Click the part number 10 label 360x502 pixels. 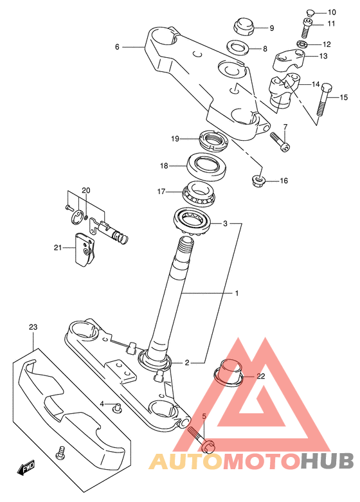332,12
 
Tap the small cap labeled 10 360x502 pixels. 310,13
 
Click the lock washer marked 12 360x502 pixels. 301,44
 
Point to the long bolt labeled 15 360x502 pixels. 323,100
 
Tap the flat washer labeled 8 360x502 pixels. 239,48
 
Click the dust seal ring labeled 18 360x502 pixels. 206,166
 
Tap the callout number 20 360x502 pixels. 86,190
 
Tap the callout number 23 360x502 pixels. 33,327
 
